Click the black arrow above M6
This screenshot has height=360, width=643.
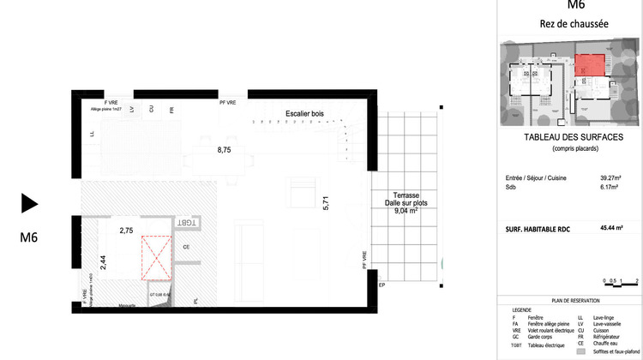click(x=30, y=203)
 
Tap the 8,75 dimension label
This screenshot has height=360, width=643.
click(x=224, y=150)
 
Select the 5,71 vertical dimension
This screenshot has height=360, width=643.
click(x=325, y=204)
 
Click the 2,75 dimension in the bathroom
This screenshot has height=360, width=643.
click(x=126, y=231)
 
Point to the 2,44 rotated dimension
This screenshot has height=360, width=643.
click(x=104, y=262)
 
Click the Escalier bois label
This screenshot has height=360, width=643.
click(x=304, y=113)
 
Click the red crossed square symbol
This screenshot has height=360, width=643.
click(x=156, y=259)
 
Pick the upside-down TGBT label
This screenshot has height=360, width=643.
click(x=186, y=222)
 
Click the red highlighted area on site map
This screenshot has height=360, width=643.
click(x=587, y=65)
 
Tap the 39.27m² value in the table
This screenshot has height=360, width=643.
click(x=610, y=179)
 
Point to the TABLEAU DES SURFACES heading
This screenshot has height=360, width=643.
click(x=573, y=138)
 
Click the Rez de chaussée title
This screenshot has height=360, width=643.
click(x=573, y=24)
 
